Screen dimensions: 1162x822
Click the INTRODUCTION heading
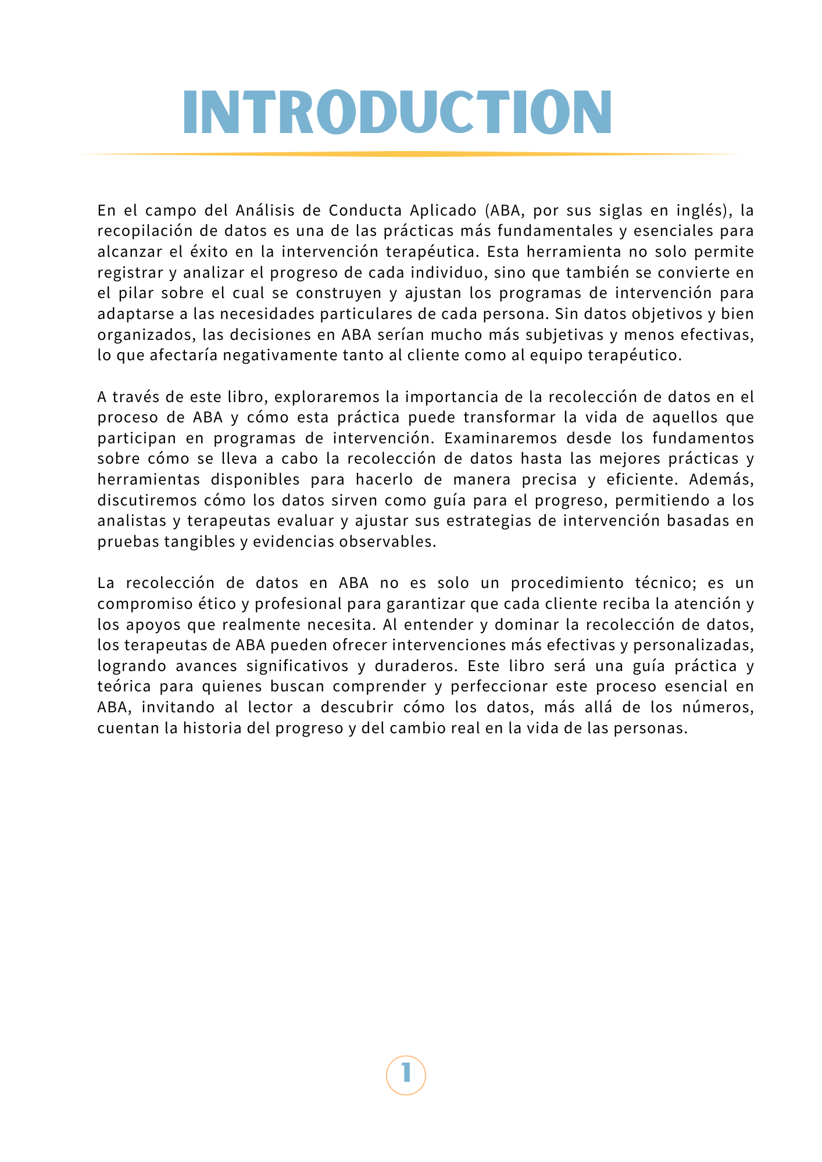tap(398, 112)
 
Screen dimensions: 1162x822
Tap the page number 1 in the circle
tap(406, 1075)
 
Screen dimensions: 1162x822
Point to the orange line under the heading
tap(410, 154)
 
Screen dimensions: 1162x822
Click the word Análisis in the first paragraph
tap(265, 210)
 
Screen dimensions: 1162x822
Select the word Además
tap(726, 479)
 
